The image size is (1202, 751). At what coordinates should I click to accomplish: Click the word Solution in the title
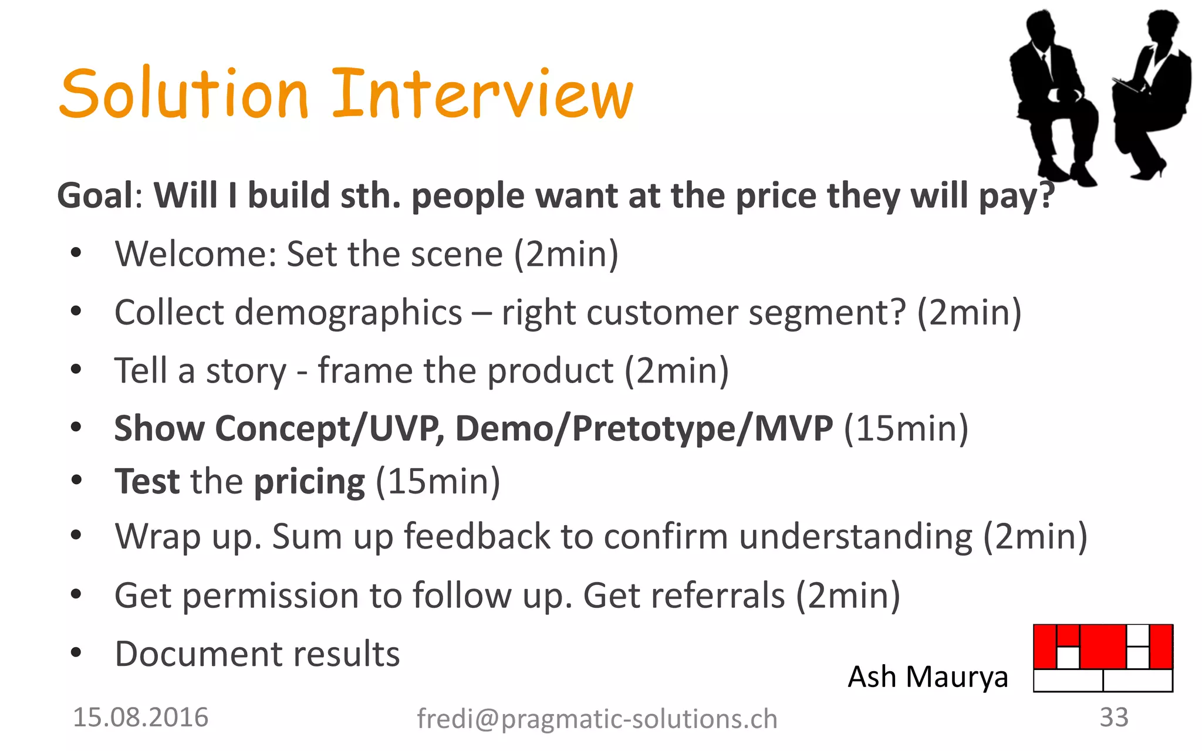pos(183,94)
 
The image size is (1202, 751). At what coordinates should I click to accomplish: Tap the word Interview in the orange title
pos(482,94)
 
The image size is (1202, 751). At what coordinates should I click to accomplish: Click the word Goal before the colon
pos(96,195)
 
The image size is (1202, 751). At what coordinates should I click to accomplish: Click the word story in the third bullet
pos(245,371)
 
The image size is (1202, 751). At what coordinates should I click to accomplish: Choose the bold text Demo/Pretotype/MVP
pos(644,428)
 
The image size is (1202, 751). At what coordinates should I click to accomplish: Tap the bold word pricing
pos(309,482)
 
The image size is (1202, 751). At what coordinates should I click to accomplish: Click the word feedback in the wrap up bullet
pos(477,536)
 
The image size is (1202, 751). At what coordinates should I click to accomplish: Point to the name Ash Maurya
pos(927,677)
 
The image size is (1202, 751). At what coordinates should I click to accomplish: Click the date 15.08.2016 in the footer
pos(141,718)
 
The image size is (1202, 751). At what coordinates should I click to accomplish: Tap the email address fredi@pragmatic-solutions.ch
pos(597,719)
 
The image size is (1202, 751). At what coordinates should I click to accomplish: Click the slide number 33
pos(1113,718)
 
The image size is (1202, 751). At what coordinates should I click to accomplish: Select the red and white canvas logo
pos(1103,658)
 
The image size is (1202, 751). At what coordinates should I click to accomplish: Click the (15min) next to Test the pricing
pos(438,482)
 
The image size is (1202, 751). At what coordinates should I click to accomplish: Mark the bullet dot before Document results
pos(76,652)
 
